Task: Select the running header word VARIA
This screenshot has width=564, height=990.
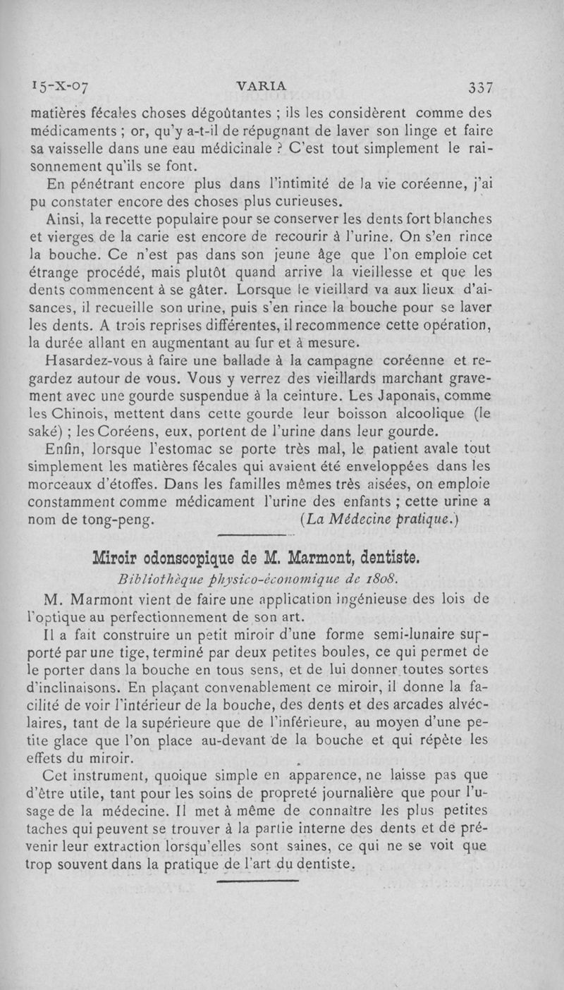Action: (262, 86)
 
